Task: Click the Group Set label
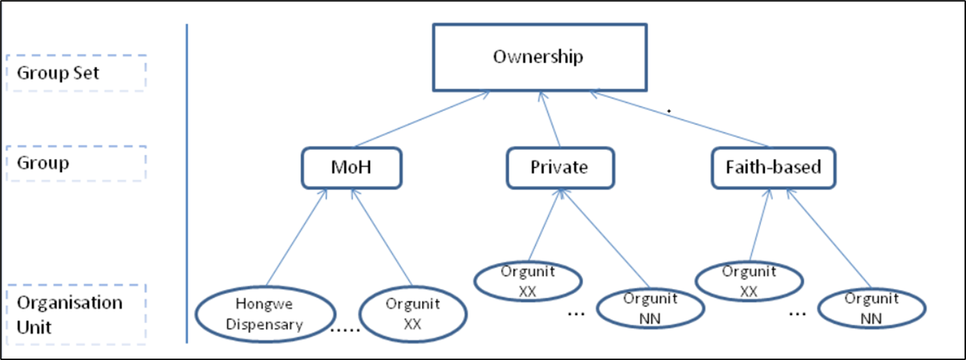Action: tap(58, 73)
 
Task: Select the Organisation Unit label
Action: tap(69, 315)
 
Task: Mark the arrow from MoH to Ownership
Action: tap(422, 119)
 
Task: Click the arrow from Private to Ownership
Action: tap(550, 119)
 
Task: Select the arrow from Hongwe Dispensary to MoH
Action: tap(297, 237)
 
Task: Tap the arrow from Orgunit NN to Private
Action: tap(605, 239)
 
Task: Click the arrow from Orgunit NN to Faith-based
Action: tap(829, 239)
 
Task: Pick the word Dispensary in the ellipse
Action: tap(264, 325)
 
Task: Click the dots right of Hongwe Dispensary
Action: tap(345, 330)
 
